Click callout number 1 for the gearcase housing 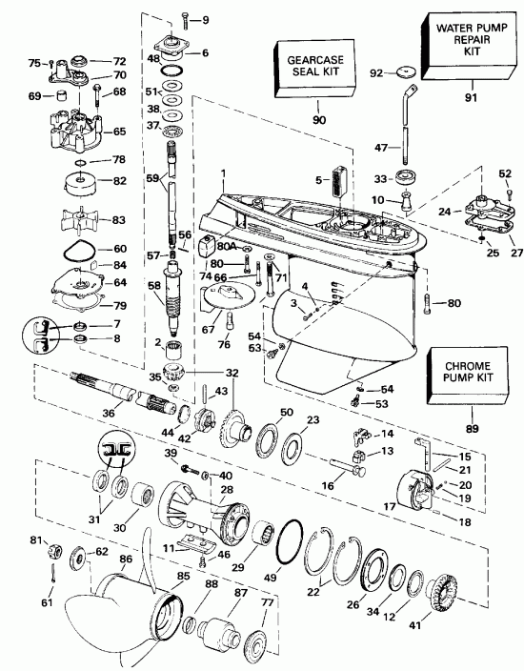click(221, 173)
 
